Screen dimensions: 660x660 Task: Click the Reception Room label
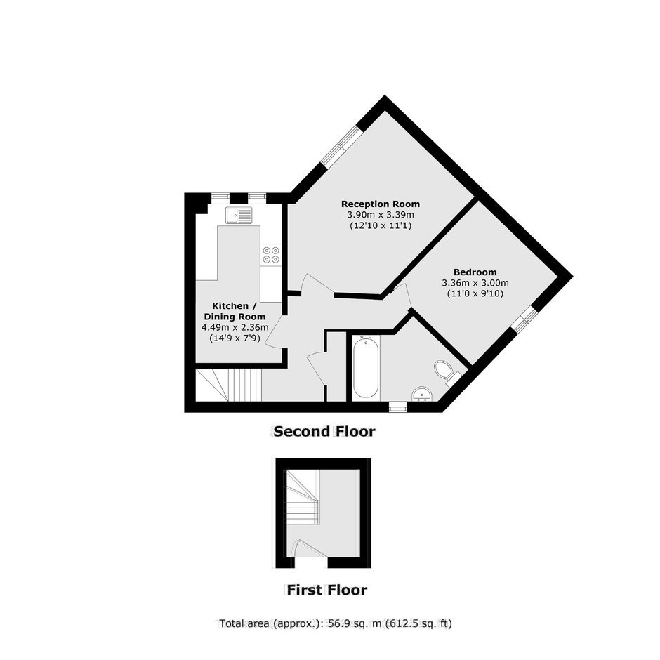[x=381, y=204]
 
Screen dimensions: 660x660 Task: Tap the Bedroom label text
[x=475, y=272]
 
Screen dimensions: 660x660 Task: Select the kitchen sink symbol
[x=239, y=215]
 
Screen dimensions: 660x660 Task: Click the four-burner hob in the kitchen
[x=270, y=255]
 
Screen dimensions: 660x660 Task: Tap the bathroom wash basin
[x=422, y=394]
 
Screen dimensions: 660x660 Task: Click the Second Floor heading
[x=324, y=431]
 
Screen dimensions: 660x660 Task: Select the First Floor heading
[x=326, y=590]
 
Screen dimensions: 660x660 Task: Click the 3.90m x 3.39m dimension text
[x=381, y=215]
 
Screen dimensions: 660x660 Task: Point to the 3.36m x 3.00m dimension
[x=475, y=282]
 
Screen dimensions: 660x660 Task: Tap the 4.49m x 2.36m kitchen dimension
[x=235, y=327]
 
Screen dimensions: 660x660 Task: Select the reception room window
[x=341, y=145]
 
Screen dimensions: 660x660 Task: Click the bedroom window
[x=524, y=317]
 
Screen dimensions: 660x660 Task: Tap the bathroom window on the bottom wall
[x=398, y=407]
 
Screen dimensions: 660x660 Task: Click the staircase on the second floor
[x=229, y=385]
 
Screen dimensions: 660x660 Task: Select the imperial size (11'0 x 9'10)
[x=475, y=293]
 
